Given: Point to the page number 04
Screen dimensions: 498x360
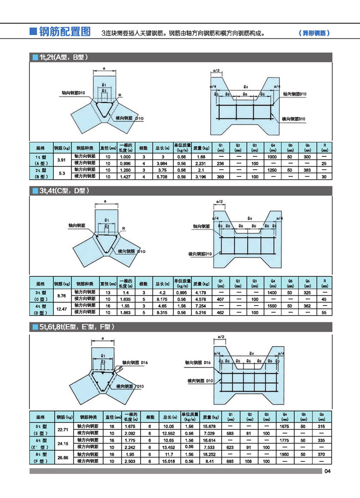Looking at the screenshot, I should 328,471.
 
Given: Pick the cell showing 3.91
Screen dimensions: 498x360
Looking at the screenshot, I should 61,160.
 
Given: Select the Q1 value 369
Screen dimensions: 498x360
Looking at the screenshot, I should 221,177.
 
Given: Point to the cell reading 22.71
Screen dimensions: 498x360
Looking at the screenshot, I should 63,429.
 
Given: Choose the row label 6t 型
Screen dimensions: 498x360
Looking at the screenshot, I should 41,440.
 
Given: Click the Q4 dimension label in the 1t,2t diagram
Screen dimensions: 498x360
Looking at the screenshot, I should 245,86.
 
